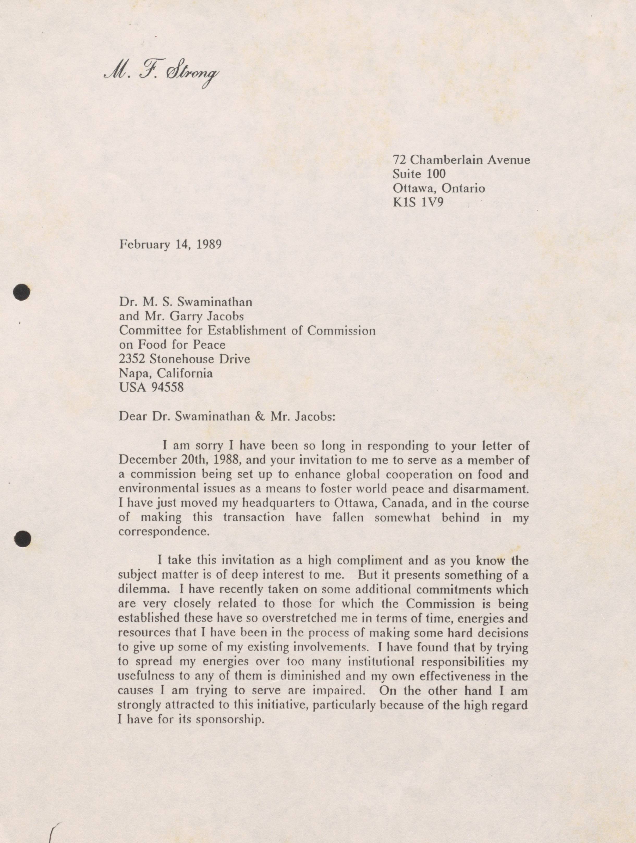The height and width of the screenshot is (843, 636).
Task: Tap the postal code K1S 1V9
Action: coord(418,202)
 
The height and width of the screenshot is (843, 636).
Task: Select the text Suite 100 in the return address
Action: coord(419,174)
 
